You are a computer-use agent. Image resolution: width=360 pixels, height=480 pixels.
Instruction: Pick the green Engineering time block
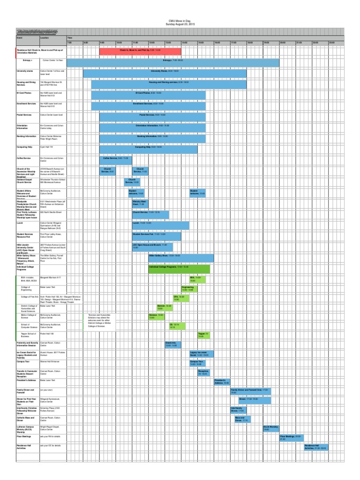(187, 288)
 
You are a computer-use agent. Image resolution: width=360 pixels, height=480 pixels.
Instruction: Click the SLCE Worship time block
(271, 427)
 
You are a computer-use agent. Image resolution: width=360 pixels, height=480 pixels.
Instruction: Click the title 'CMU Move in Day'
(180, 22)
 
